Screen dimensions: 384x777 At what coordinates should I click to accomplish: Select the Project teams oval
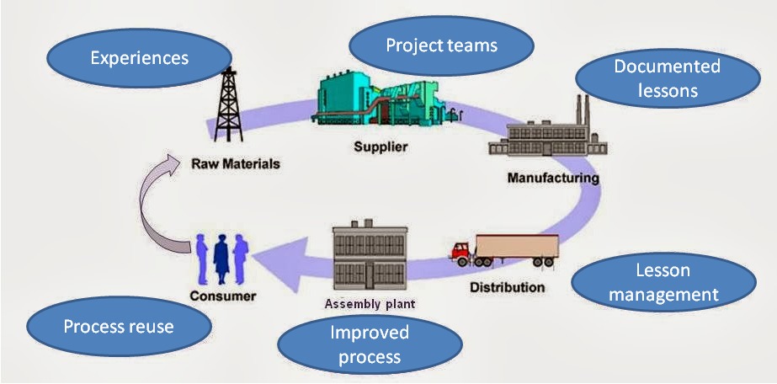coord(441,45)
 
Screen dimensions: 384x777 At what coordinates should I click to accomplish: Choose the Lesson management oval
coord(663,283)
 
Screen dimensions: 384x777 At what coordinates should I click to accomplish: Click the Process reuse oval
coord(118,326)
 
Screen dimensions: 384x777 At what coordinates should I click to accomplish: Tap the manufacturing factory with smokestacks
coord(546,134)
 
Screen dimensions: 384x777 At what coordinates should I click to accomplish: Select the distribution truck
coord(504,248)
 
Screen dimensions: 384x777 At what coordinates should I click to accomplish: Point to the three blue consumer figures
coord(222,258)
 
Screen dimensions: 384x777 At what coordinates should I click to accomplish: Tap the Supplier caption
coord(381,147)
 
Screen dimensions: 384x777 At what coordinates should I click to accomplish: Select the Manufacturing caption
coord(553,178)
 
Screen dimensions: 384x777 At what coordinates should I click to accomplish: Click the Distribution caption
coord(507,287)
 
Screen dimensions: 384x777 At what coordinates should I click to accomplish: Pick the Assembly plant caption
coord(370,303)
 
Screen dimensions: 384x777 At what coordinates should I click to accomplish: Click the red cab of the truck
coord(463,250)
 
